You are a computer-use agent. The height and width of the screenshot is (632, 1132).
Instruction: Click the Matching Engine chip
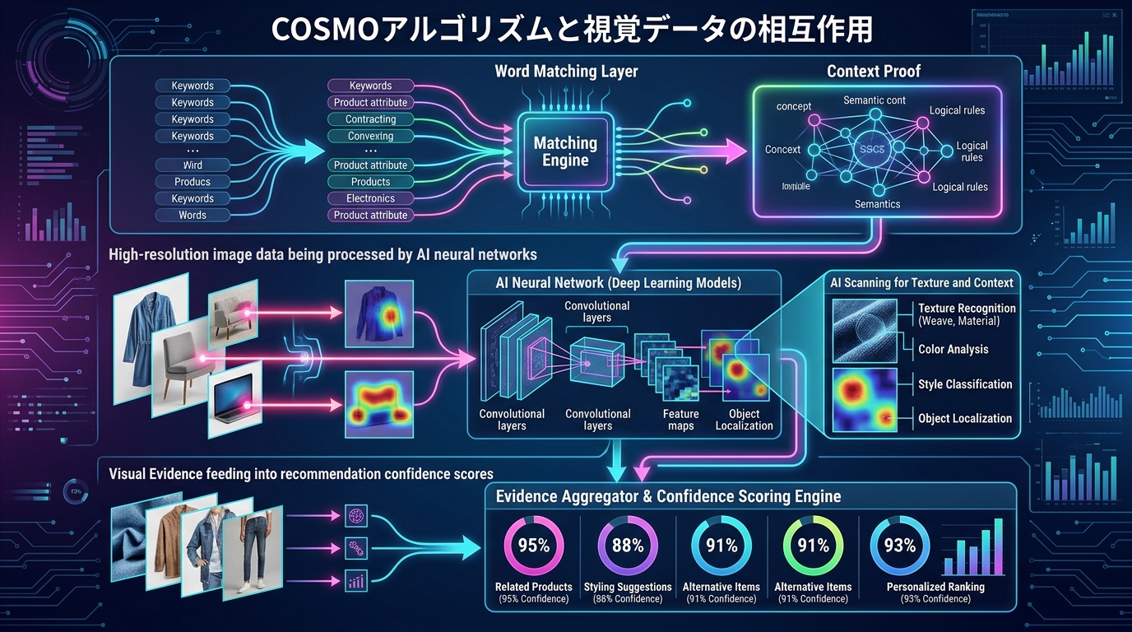565,151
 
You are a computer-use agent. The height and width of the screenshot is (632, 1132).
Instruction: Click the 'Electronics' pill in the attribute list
370,198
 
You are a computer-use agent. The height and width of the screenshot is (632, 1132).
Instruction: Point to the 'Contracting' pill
370,119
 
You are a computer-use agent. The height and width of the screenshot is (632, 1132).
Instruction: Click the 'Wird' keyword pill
193,165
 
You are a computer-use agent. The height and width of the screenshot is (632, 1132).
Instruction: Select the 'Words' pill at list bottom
193,215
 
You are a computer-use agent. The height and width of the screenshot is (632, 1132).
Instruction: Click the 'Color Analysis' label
953,349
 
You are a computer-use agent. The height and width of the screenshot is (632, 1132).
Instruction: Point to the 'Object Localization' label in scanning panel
964,418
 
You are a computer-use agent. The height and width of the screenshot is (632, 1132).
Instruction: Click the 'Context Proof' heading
874,72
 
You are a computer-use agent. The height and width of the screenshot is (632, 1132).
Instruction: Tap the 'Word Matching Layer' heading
566,72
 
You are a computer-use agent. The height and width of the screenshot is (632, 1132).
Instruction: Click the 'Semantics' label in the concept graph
877,203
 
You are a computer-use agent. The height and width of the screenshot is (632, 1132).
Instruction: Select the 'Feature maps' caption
680,420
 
